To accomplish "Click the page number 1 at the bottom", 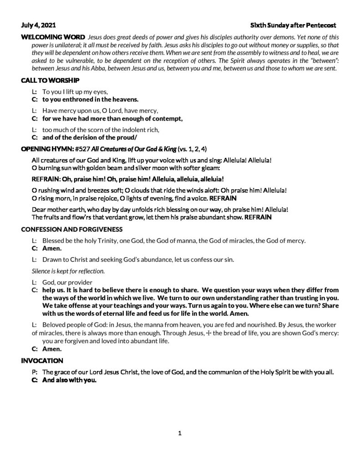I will point(180,433).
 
